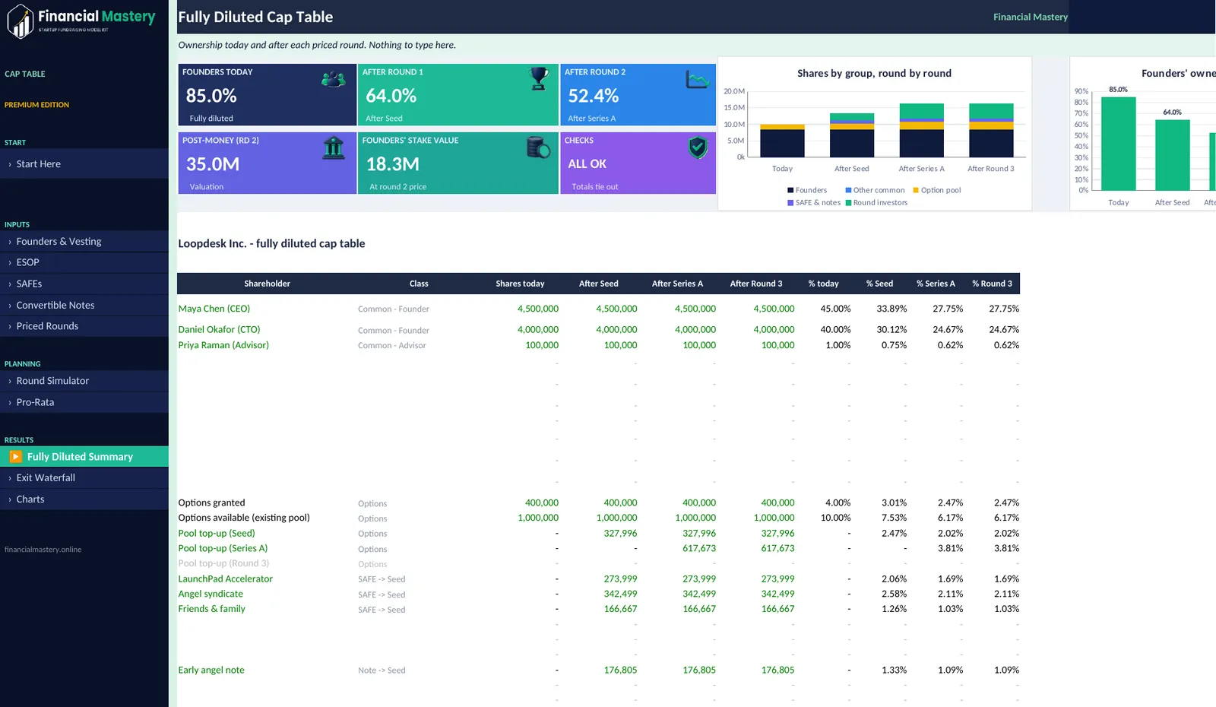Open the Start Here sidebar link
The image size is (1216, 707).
coord(38,163)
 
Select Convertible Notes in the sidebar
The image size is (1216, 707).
coord(55,305)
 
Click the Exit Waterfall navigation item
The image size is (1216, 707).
coord(46,477)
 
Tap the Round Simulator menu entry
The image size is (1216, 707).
coord(52,380)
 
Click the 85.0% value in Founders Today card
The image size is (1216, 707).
coord(211,96)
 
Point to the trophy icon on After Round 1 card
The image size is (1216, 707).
coord(539,79)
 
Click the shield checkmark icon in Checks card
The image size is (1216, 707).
coord(698,147)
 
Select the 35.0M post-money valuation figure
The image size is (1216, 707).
coord(213,163)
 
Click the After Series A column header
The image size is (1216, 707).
coord(677,284)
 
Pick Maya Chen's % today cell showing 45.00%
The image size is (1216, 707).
coord(835,309)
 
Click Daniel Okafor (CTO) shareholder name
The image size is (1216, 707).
coord(219,329)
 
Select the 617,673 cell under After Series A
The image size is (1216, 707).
coord(698,548)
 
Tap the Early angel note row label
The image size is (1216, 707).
coord(211,670)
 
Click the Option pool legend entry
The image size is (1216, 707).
coord(937,190)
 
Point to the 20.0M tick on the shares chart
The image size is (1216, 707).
coord(734,91)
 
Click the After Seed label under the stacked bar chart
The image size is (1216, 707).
coord(851,168)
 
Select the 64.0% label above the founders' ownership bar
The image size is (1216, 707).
coord(1172,112)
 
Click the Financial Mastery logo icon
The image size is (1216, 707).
coord(21,21)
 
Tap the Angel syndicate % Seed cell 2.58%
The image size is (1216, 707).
coord(894,594)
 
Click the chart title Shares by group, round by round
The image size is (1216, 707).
coord(874,73)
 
